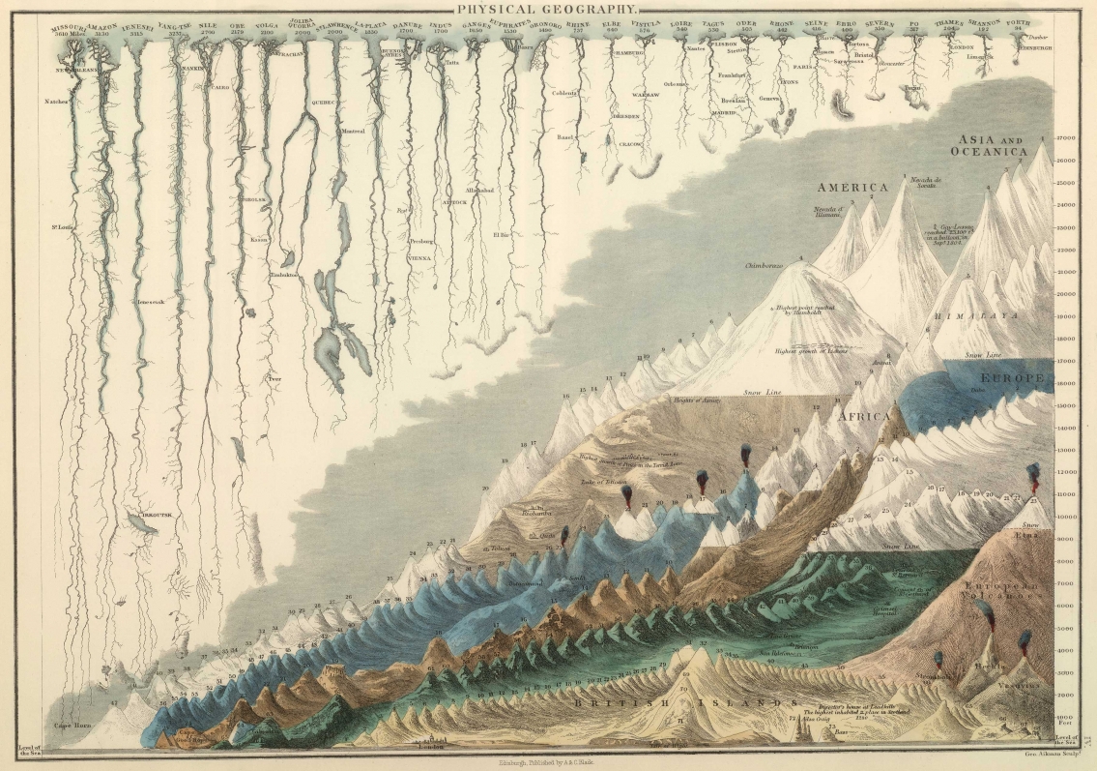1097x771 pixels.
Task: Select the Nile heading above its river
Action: (207, 24)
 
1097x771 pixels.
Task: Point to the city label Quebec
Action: (322, 101)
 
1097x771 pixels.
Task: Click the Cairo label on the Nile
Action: (221, 87)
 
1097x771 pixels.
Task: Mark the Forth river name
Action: (1017, 23)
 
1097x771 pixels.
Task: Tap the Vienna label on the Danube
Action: (419, 258)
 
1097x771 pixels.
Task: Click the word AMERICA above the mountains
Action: (852, 187)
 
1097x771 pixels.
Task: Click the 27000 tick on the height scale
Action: (1067, 138)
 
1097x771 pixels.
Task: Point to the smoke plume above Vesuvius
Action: (1025, 639)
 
